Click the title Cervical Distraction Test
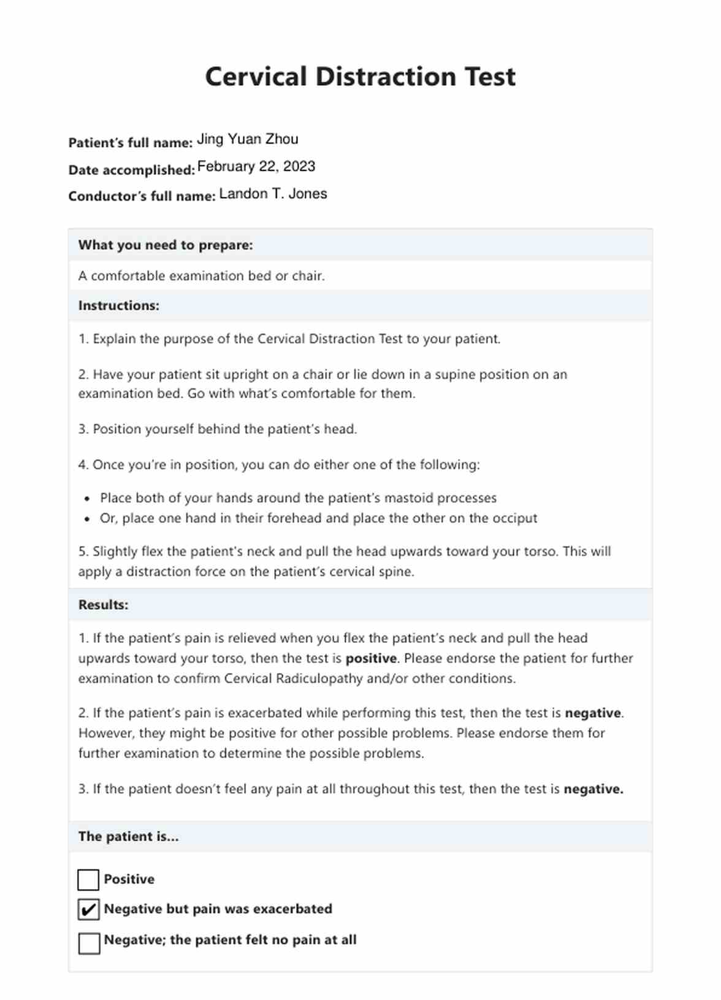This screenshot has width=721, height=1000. tap(360, 77)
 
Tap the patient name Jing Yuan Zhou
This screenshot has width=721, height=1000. tap(248, 139)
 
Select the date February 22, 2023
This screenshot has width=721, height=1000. tap(256, 166)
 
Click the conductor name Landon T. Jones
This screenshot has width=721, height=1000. tap(273, 194)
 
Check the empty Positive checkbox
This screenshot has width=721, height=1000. tap(88, 879)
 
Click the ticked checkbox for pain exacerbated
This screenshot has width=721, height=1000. tap(88, 909)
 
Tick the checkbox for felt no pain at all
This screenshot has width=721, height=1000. tap(89, 943)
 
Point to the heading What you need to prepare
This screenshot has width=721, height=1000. tap(166, 245)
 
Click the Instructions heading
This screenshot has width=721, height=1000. tap(118, 306)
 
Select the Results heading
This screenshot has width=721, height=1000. tap(103, 605)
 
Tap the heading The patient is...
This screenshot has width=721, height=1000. tap(128, 836)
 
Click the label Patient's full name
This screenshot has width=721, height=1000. tap(131, 143)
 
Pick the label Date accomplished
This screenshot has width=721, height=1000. tap(131, 170)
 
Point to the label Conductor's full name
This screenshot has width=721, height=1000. tap(142, 196)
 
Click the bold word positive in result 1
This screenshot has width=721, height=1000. tap(371, 658)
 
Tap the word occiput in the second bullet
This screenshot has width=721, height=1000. tap(514, 518)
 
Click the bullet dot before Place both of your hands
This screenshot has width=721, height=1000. tap(88, 499)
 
